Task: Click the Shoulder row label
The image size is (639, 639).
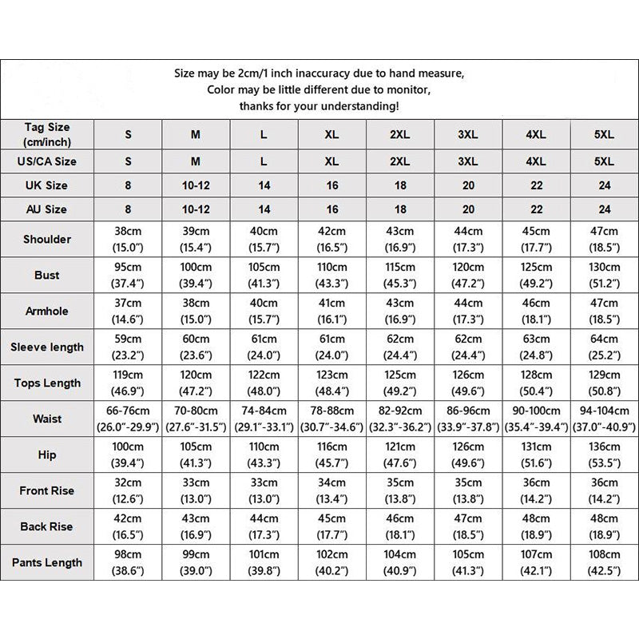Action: coord(47,240)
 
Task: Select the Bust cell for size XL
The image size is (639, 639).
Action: coord(331,276)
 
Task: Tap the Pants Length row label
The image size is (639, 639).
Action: coord(47,562)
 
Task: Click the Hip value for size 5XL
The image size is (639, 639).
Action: coord(605,455)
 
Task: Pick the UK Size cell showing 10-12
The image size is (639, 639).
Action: coord(196,185)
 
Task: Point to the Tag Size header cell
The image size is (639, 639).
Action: coord(47,133)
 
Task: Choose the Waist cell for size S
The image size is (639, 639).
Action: coord(129,419)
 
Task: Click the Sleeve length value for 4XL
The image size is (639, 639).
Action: coord(536,347)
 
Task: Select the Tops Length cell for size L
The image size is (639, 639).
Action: coord(264,383)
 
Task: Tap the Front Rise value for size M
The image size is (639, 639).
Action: coord(196,491)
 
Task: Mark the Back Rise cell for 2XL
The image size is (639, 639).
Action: coord(400,527)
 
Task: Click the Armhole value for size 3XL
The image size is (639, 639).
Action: coord(468,312)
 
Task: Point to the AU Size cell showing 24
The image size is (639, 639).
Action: coord(605,209)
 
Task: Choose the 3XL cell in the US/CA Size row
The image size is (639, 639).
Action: coord(468,161)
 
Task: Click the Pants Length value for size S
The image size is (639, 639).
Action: coord(129,562)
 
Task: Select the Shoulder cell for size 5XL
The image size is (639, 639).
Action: coord(605,240)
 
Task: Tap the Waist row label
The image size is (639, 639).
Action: coord(47,419)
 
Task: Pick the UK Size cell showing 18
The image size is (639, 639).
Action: coord(400,185)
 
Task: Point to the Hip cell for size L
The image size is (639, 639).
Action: coord(264,455)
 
